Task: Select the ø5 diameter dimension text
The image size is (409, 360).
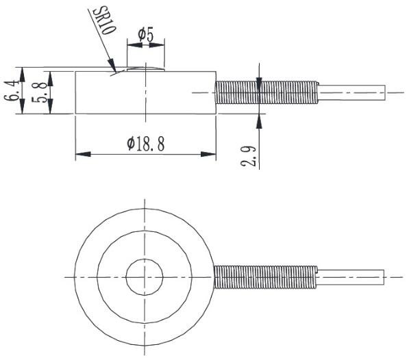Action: pyautogui.click(x=145, y=34)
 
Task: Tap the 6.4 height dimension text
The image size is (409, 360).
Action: pyautogui.click(x=10, y=90)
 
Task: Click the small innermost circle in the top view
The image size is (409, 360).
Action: pyautogui.click(x=145, y=277)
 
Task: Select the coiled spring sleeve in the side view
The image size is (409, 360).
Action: pyautogui.click(x=267, y=92)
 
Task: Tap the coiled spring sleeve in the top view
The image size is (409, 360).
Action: pyautogui.click(x=265, y=277)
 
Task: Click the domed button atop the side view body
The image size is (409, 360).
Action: pyautogui.click(x=145, y=68)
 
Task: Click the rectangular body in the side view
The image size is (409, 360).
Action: pyautogui.click(x=145, y=92)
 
